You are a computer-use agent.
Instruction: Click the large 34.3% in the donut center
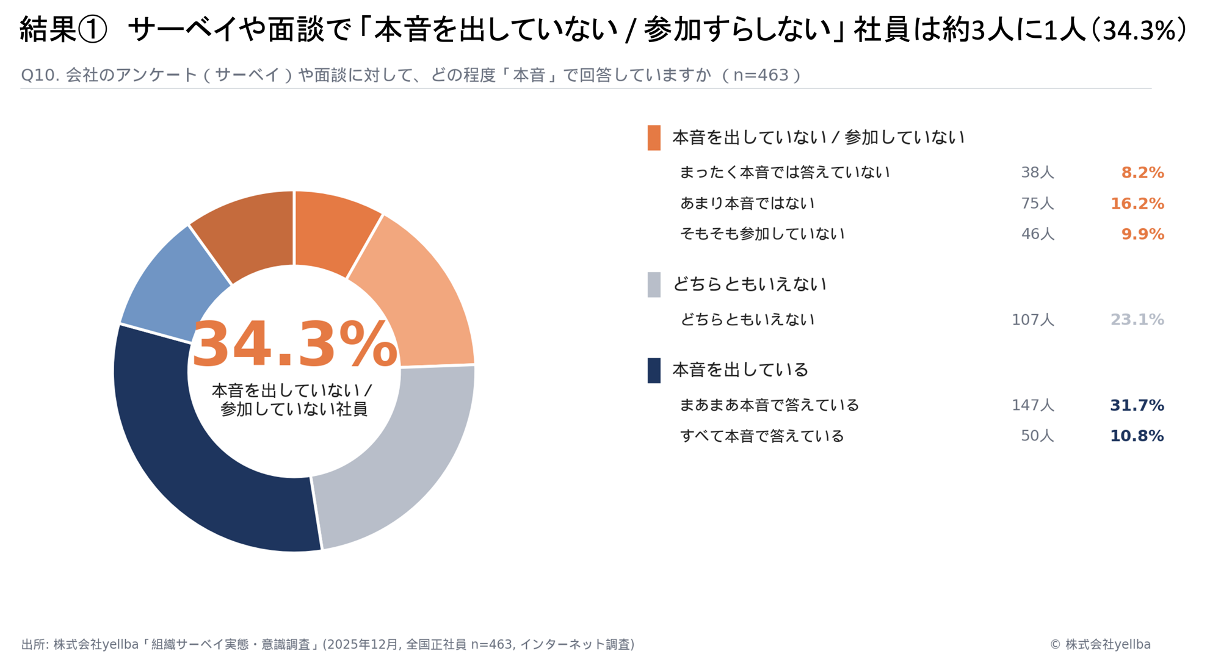(x=295, y=345)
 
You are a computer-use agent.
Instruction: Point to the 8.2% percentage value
(x=1142, y=173)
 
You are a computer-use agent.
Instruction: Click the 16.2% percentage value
(x=1137, y=204)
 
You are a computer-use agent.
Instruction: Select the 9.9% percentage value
(x=1142, y=234)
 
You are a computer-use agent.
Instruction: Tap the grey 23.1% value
(x=1137, y=320)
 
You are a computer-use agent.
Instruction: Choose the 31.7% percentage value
(x=1137, y=406)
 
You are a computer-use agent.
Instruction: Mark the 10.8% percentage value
(x=1137, y=436)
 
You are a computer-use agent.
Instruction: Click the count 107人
(x=1032, y=320)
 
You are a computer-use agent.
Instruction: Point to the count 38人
(x=1037, y=173)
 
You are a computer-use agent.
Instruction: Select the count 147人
(x=1032, y=406)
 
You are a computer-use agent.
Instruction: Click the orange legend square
(x=654, y=138)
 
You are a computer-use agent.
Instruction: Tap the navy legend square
(x=654, y=370)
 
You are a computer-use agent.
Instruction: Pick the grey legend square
(x=654, y=285)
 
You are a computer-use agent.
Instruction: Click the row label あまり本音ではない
(x=747, y=204)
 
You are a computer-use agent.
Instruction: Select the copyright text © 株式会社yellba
(x=1100, y=644)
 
